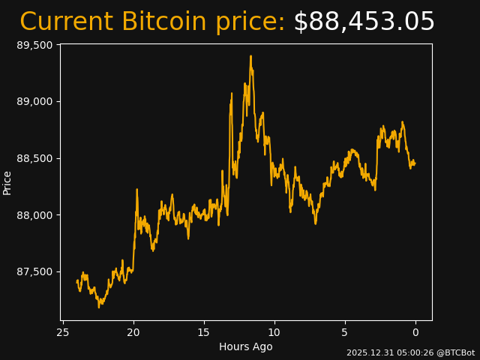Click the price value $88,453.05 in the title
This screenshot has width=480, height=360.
364,22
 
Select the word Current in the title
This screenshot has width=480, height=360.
67,22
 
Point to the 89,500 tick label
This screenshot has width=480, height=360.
34,45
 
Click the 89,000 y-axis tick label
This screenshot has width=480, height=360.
34,102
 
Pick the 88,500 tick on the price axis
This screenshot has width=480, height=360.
34,158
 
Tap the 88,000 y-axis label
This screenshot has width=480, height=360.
34,215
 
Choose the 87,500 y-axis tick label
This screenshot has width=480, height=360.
34,271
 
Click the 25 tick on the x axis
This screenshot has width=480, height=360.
63,332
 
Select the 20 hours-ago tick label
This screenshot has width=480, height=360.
133,332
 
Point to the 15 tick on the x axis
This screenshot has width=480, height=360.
204,332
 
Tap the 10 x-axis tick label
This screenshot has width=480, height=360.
274,332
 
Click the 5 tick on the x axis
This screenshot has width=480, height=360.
345,332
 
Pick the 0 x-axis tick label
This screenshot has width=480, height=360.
415,332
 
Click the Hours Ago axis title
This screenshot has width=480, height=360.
246,346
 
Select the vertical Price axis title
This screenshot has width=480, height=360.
7,182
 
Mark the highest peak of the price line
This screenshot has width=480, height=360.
250,55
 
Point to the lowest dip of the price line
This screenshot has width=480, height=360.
99,307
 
